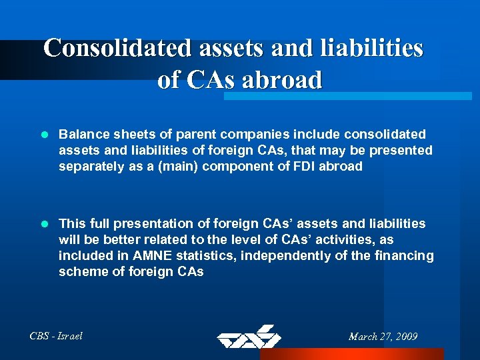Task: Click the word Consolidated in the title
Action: (x=117, y=48)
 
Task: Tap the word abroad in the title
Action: (x=282, y=80)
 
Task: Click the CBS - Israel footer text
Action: (x=57, y=336)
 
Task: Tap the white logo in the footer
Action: (x=249, y=337)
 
